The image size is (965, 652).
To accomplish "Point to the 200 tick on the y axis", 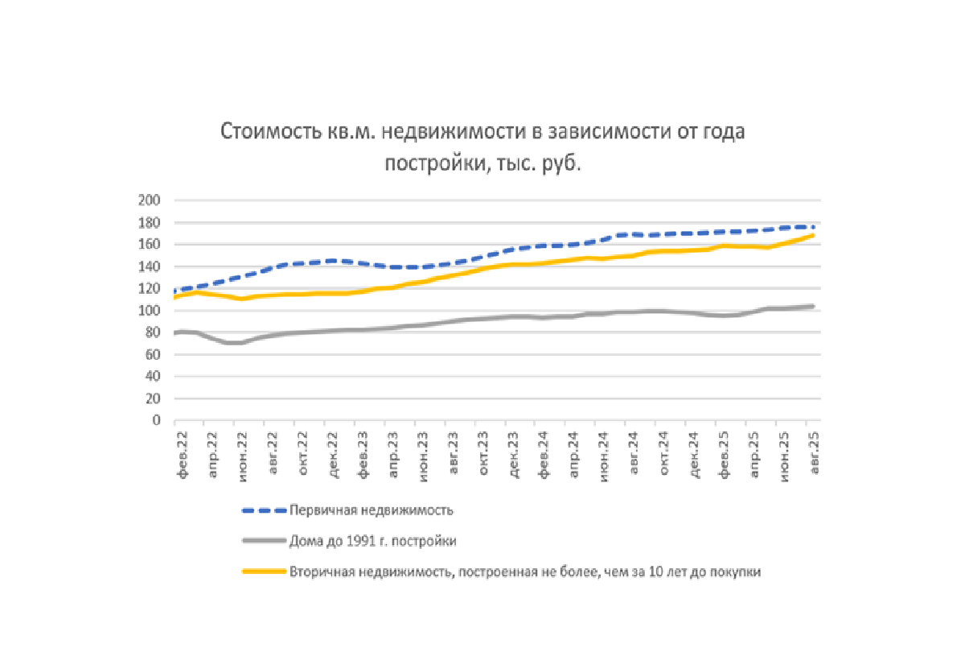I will pos(151,200).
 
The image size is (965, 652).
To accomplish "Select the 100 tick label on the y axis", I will pos(151,311).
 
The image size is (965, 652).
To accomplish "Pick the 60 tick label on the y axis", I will pos(154,354).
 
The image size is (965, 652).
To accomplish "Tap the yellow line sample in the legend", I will pos(264,572).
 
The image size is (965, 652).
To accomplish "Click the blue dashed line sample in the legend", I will pos(264,510).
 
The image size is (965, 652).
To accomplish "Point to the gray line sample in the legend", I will pos(264,541).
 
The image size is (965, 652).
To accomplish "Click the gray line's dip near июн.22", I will pos(234,343).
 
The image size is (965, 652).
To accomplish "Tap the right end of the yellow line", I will pos(814,235).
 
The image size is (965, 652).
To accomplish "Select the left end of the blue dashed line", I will pos(175,290).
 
